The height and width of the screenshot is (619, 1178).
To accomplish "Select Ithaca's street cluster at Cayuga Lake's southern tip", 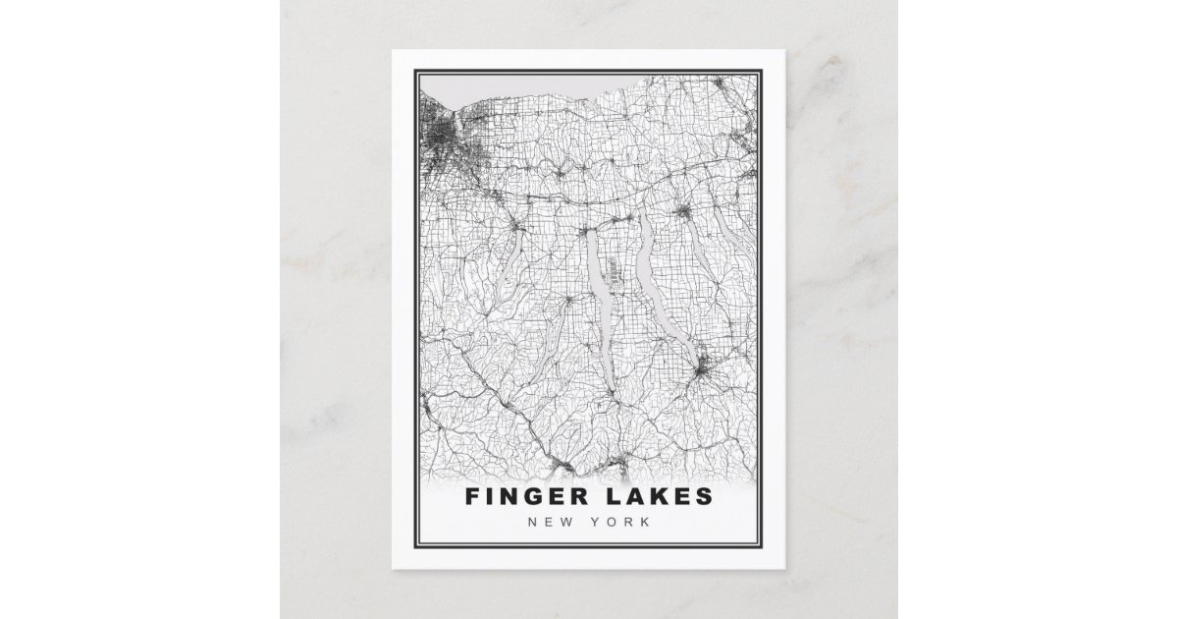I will coord(703,371).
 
